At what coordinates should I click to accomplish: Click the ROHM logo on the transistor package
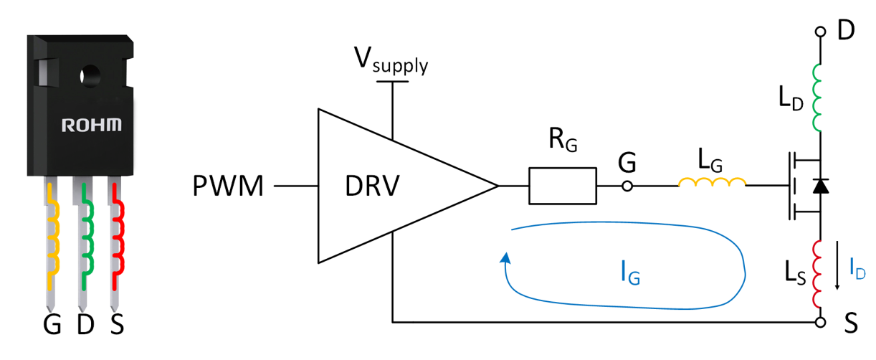coord(91,125)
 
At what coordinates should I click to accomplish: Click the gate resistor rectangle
coord(563,187)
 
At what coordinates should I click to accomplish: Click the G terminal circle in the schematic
coord(627,187)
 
